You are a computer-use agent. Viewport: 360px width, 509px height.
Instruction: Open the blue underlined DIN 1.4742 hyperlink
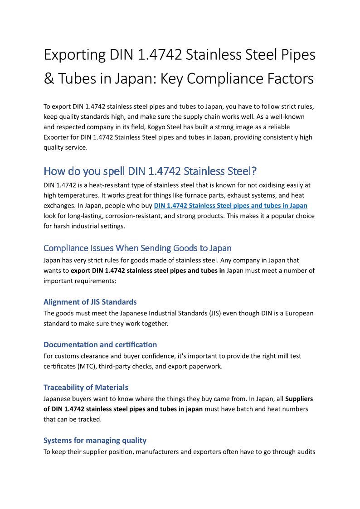230,205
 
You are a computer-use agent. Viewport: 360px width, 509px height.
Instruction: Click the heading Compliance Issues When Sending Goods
137,248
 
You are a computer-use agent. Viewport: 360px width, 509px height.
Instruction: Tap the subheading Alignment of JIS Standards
90,302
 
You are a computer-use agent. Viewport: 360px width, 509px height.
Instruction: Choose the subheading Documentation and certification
100,344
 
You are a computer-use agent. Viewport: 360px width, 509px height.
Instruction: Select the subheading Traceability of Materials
86,388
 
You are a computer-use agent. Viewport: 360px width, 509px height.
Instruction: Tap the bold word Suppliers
299,399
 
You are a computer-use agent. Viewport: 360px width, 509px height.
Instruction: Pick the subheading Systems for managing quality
95,440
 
